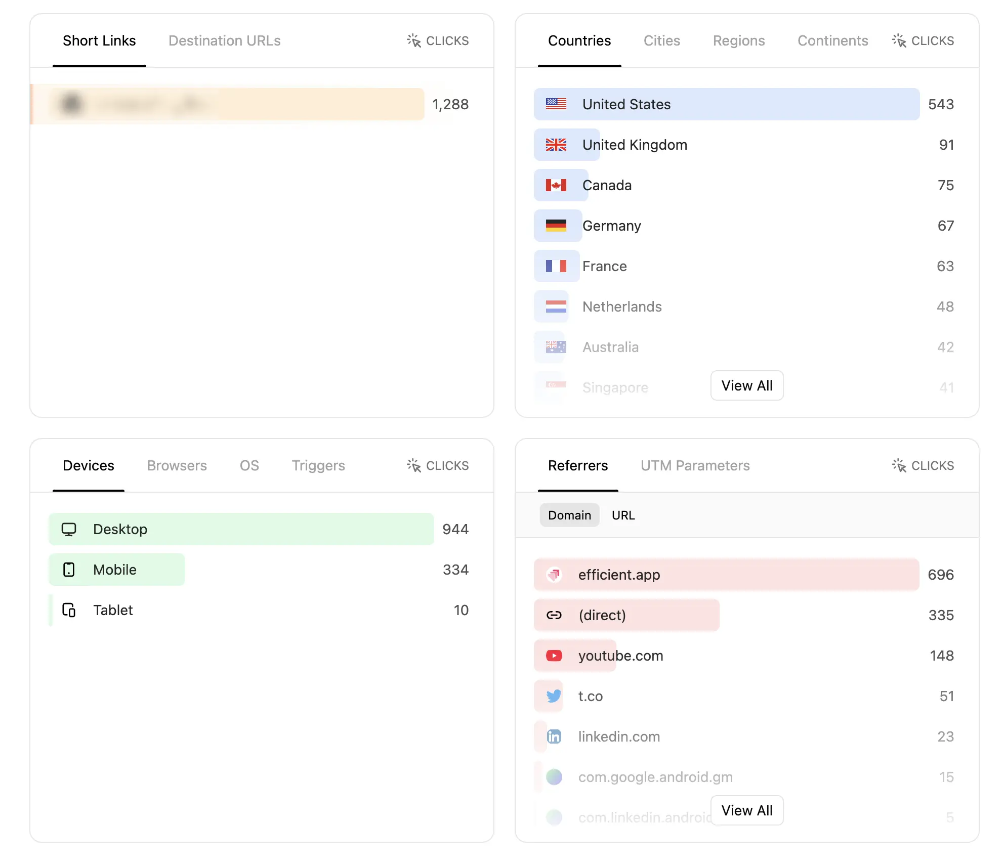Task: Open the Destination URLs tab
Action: [224, 40]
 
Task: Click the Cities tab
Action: [661, 40]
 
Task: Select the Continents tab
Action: [832, 40]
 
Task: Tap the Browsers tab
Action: [177, 465]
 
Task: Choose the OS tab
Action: [249, 465]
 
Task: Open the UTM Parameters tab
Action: [695, 465]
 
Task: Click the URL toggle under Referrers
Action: [623, 515]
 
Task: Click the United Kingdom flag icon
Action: [556, 145]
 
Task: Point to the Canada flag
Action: [556, 185]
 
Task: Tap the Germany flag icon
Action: [556, 226]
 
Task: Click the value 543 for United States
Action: [940, 104]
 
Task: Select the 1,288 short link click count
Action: [450, 104]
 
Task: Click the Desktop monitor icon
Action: [69, 529]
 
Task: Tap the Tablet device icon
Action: [69, 610]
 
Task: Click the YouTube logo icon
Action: [554, 656]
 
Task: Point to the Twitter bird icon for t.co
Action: [554, 696]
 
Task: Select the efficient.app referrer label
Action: [619, 575]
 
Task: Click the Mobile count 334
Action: [455, 570]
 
